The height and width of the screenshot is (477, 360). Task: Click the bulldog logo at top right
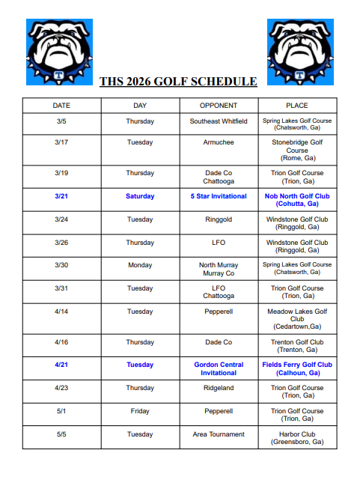coord(299,52)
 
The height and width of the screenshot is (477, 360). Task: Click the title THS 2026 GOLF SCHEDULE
coord(178,82)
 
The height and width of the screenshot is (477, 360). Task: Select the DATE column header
coord(61,106)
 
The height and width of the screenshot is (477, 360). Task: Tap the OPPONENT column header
coord(219,106)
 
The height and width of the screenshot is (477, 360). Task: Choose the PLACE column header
coord(296,106)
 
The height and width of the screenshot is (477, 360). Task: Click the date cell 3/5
coord(61,121)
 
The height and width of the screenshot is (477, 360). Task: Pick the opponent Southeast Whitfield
coord(219,121)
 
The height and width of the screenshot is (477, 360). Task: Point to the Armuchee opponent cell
coord(219,142)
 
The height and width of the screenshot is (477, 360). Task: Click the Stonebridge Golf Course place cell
coord(296,150)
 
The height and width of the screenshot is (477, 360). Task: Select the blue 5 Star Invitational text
coord(219,196)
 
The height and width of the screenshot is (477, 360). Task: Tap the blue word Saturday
coord(140,196)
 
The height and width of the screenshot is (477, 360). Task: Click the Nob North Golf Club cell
coord(296,200)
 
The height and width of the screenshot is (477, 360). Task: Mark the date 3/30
coord(61,265)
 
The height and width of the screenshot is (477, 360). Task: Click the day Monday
coord(140,265)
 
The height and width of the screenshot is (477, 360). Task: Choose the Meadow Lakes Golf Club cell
coord(296,318)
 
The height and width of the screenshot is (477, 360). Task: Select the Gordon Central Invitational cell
coord(219,368)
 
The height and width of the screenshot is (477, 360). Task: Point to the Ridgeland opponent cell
coord(219,388)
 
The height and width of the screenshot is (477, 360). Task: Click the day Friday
coord(140,411)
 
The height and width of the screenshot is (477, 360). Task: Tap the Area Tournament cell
coord(219,434)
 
